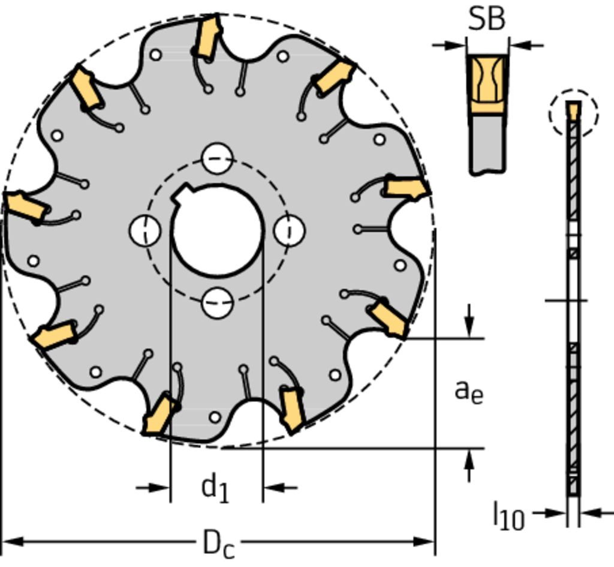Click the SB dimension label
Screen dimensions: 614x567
pyautogui.click(x=486, y=19)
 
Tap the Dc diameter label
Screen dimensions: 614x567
pyautogui.click(x=219, y=544)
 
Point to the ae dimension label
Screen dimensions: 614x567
pyautogui.click(x=469, y=392)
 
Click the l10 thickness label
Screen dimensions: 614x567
pyautogui.click(x=508, y=516)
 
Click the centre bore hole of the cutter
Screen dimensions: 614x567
pyautogui.click(x=217, y=230)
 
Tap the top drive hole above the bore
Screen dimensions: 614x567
pyautogui.click(x=217, y=158)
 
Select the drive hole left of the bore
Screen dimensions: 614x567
pyautogui.click(x=145, y=230)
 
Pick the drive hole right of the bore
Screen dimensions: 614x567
pyautogui.click(x=290, y=230)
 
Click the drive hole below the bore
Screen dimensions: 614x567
pyautogui.click(x=217, y=302)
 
